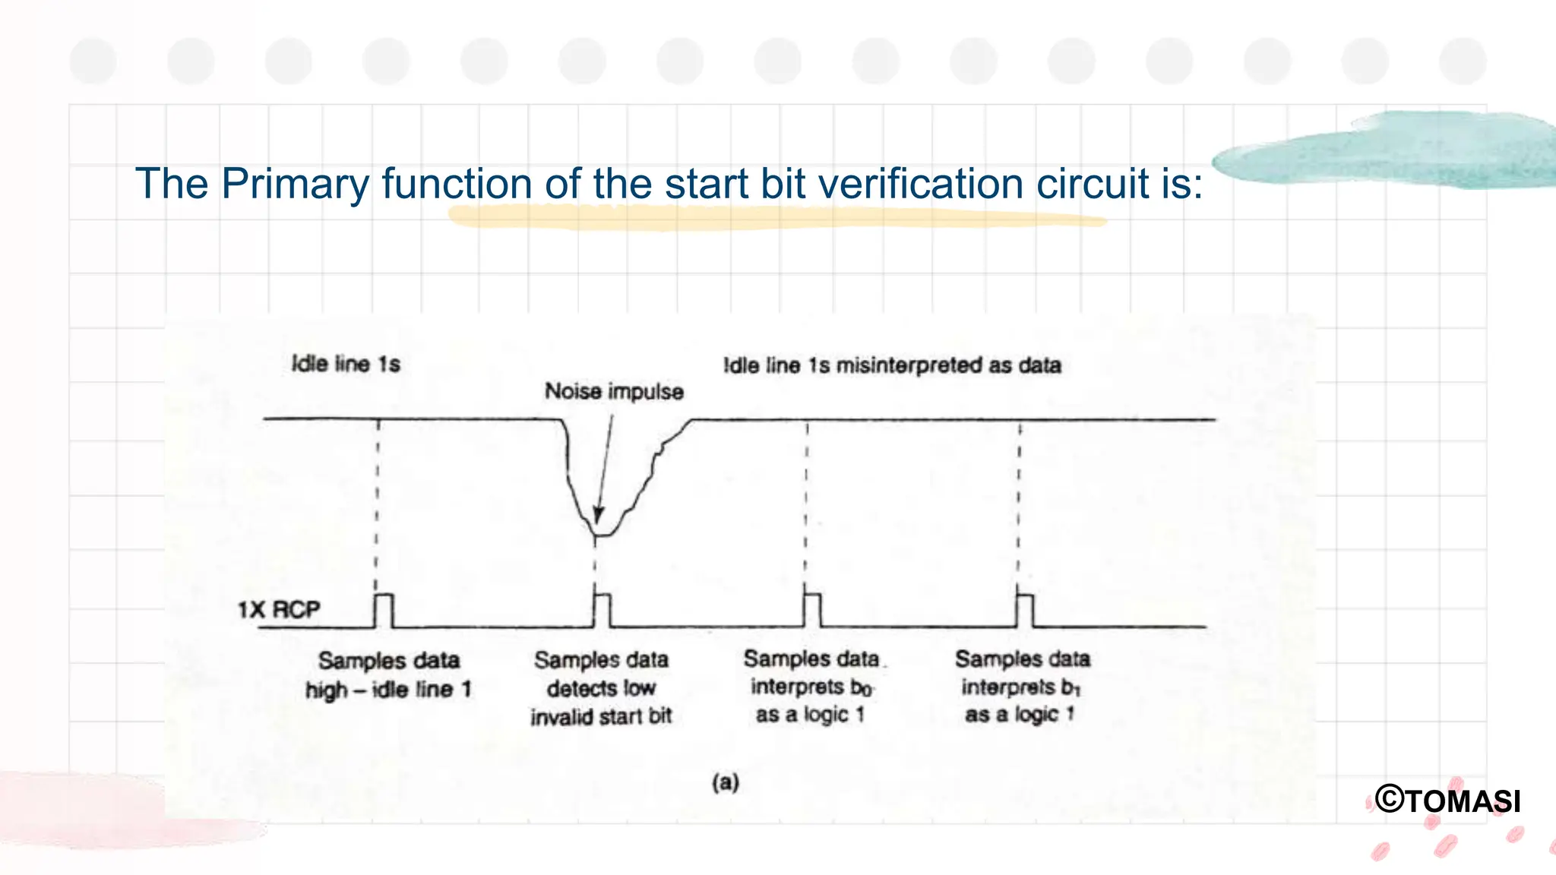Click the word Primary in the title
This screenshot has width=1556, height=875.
[294, 184]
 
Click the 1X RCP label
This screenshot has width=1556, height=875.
[279, 610]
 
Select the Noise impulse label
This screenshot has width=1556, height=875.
[614, 391]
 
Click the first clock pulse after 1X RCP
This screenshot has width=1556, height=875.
[384, 611]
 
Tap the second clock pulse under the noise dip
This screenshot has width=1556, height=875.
[602, 611]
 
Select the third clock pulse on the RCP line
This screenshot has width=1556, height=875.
[812, 611]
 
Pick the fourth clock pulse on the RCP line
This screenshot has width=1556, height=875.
[1025, 611]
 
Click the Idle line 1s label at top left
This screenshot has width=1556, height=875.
[346, 364]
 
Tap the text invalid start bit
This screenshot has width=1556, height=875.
[601, 716]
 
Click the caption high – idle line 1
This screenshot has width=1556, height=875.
[388, 690]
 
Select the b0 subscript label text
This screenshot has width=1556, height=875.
[861, 688]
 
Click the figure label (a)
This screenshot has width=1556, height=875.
[726, 782]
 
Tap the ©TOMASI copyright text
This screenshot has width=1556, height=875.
[1448, 801]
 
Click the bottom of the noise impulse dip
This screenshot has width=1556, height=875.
[601, 535]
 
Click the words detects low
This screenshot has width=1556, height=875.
[601, 688]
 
